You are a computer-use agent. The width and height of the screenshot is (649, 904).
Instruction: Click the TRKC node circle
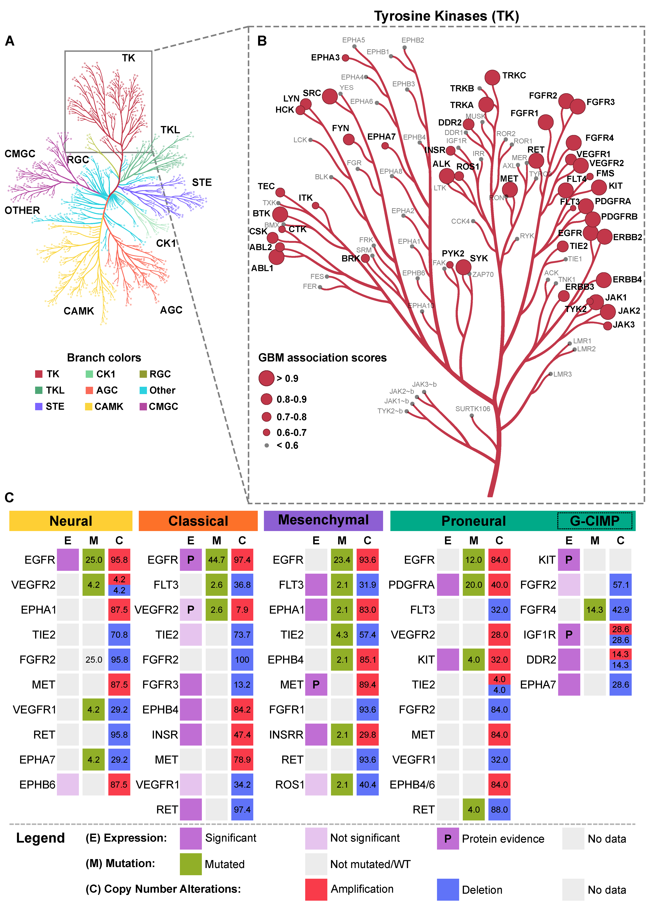click(x=492, y=77)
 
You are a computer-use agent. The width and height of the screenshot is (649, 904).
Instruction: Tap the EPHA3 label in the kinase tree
click(x=325, y=57)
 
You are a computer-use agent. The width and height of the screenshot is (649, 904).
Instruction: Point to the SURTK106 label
click(x=473, y=409)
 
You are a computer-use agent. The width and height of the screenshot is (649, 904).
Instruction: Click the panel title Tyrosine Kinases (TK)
click(x=446, y=16)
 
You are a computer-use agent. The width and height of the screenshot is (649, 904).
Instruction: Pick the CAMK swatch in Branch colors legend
click(x=89, y=407)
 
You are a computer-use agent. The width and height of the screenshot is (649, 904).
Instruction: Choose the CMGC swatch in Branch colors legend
click(x=143, y=407)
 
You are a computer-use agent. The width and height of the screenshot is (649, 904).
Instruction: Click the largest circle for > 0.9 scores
click(x=266, y=378)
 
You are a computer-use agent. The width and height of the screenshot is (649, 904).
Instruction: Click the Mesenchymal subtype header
click(x=323, y=520)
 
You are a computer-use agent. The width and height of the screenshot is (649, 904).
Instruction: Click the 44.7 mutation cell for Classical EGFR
click(x=216, y=560)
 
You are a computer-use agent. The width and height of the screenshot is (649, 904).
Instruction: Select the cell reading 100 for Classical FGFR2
click(x=242, y=660)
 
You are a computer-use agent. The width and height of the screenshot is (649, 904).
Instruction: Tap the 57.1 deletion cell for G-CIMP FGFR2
click(x=620, y=585)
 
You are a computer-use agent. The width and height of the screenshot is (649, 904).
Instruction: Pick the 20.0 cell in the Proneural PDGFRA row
click(x=474, y=585)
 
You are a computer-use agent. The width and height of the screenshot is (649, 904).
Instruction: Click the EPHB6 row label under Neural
click(x=37, y=784)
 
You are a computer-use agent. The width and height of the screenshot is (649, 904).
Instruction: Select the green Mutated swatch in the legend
click(x=191, y=864)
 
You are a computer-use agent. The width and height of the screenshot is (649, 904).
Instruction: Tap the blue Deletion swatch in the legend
click(x=448, y=890)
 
